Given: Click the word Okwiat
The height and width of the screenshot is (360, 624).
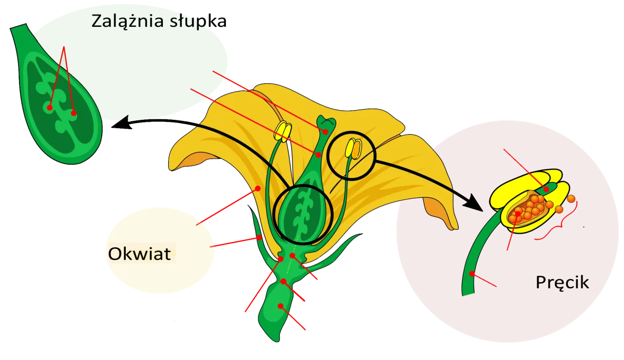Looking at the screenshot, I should pyautogui.click(x=139, y=254).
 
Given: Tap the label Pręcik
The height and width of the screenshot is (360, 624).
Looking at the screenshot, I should pyautogui.click(x=562, y=283).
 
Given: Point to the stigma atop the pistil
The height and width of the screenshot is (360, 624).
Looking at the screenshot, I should pyautogui.click(x=325, y=123).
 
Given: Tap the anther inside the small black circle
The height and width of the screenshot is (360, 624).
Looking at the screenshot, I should pyautogui.click(x=353, y=149).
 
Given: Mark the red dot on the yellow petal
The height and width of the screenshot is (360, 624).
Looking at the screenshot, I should pyautogui.click(x=258, y=188).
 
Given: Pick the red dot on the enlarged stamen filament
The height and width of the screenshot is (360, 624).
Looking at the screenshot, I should pyautogui.click(x=472, y=273).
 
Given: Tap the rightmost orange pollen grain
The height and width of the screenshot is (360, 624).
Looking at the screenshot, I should pyautogui.click(x=571, y=199).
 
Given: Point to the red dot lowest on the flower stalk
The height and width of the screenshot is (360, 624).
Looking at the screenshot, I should pyautogui.click(x=280, y=306).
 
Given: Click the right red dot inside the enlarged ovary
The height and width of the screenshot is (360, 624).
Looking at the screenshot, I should pyautogui.click(x=74, y=113).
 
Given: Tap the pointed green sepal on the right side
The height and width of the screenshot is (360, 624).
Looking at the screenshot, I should pyautogui.click(x=341, y=248).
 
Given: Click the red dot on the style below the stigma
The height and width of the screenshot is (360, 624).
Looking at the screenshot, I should pyautogui.click(x=318, y=155).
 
